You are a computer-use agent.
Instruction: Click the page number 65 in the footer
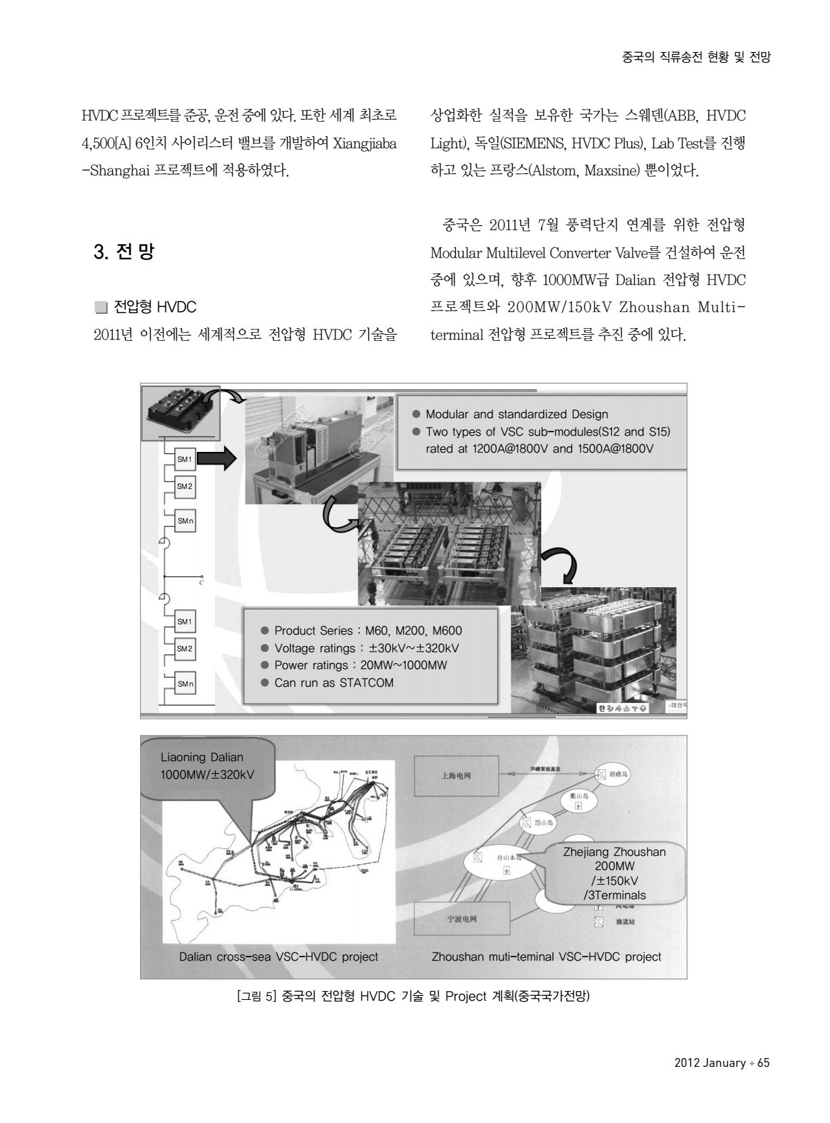(763, 1063)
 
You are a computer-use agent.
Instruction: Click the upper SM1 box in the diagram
(185, 459)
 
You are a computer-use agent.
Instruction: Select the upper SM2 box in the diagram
(185, 486)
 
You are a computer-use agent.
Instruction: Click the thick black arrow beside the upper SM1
(218, 460)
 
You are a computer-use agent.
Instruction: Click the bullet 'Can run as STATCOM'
(333, 683)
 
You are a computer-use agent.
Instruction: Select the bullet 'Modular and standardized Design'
(516, 414)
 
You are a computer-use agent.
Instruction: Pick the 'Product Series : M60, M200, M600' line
(368, 631)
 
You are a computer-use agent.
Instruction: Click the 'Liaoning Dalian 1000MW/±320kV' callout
(207, 766)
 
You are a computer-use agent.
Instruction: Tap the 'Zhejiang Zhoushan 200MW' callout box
(614, 873)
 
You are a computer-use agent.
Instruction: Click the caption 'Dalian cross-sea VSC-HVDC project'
(278, 957)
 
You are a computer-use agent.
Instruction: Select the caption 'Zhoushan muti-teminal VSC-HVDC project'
(546, 957)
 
